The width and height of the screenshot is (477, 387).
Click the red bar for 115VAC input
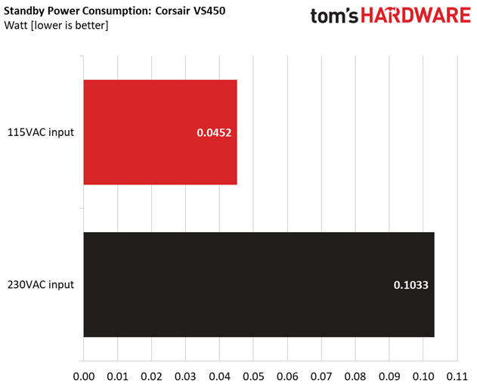[160, 132]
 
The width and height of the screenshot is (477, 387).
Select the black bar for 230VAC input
[259, 284]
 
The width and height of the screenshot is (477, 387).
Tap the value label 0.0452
[214, 132]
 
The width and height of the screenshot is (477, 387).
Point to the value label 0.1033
[411, 285]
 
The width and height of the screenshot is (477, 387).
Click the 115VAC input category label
[41, 132]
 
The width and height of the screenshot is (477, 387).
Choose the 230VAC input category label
[41, 285]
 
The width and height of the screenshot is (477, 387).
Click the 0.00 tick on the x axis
[84, 376]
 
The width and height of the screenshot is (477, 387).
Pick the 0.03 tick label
[185, 376]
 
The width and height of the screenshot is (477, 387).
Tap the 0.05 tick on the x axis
[253, 376]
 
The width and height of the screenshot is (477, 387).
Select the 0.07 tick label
[321, 376]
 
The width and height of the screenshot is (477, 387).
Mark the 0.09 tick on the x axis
[389, 376]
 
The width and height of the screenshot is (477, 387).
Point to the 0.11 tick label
[457, 376]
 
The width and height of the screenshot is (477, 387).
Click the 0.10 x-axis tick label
[423, 376]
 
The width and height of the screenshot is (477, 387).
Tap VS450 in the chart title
[209, 11]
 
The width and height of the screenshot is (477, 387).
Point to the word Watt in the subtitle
[16, 25]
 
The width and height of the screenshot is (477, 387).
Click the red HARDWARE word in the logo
[416, 16]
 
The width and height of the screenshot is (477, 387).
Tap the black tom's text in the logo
[334, 16]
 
